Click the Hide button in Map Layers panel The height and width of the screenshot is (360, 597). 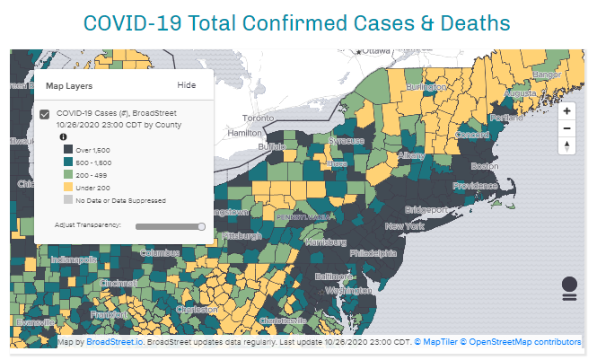[186, 85]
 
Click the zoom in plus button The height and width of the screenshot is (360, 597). [566, 111]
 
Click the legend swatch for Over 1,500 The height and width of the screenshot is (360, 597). [66, 148]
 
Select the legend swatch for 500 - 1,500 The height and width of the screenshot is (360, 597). [66, 161]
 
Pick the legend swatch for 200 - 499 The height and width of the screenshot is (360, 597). [66, 173]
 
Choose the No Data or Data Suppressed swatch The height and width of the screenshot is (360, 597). [66, 199]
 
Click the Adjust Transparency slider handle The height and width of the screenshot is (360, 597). [201, 226]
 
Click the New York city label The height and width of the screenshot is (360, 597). [403, 226]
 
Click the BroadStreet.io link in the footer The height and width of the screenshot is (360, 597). [115, 342]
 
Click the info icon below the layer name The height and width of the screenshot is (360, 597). [64, 136]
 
